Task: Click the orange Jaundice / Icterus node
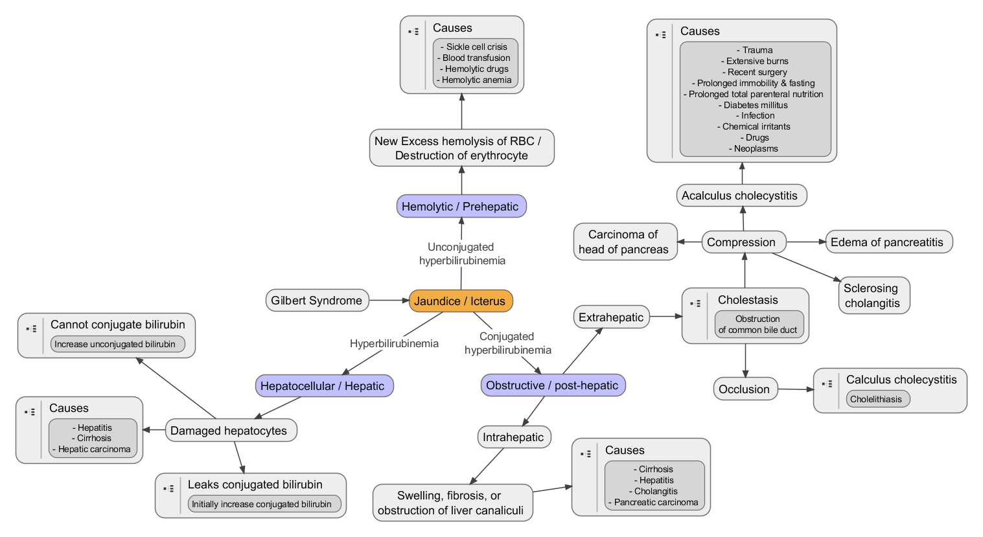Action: click(461, 301)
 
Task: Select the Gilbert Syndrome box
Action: click(317, 301)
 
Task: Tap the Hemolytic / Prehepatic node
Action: click(461, 207)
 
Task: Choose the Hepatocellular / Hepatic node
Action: click(323, 386)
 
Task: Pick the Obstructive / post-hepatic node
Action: click(552, 385)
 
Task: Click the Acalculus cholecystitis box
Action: click(740, 196)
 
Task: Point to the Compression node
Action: click(742, 242)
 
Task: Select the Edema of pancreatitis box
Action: click(887, 242)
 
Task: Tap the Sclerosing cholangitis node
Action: click(872, 296)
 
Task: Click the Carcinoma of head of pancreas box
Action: click(624, 242)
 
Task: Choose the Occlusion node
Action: click(745, 389)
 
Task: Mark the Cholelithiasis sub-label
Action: click(876, 399)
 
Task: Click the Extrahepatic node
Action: click(611, 317)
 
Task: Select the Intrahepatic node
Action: click(513, 437)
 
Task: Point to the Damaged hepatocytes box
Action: click(229, 431)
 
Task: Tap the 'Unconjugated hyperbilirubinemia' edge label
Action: click(461, 254)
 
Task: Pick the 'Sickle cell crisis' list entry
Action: click(476, 47)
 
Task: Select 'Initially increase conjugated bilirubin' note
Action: click(262, 504)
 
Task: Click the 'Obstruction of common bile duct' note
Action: click(758, 325)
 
